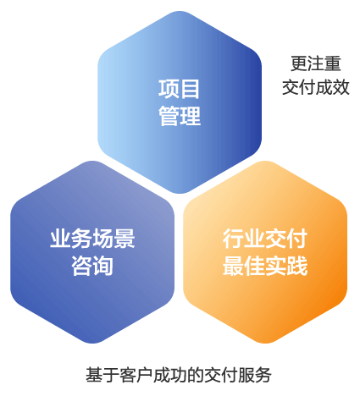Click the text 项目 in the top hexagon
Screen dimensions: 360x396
179,89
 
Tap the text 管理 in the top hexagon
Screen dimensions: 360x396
180,116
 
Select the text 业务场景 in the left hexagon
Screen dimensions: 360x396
92,239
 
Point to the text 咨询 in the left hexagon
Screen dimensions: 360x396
92,266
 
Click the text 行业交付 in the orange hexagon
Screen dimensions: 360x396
265,239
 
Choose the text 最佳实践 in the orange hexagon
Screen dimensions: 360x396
265,266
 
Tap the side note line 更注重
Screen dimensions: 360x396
316,63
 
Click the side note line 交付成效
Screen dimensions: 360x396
316,87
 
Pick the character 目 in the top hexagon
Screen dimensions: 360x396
190,89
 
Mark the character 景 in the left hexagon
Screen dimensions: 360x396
125,239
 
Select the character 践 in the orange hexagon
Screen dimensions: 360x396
297,266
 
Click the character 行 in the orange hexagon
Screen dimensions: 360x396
233,239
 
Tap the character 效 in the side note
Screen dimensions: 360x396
341,87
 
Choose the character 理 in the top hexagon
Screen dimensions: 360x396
191,116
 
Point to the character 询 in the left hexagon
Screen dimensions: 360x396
103,266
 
